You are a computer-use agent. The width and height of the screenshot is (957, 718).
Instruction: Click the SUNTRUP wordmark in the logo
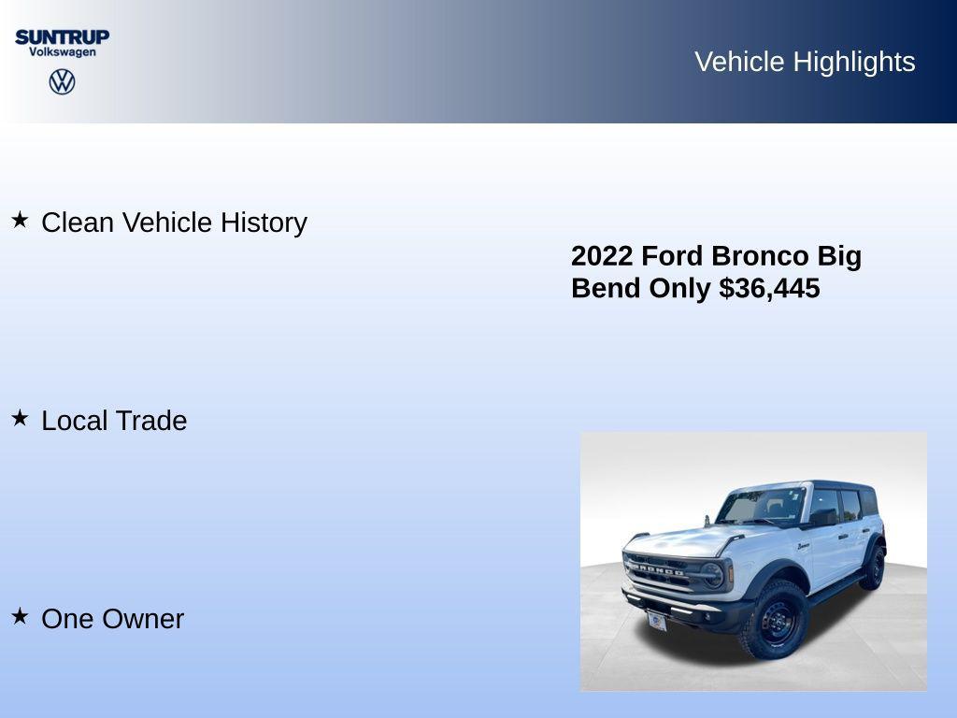tap(62, 36)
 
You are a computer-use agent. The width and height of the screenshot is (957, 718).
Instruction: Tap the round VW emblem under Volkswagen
tap(62, 81)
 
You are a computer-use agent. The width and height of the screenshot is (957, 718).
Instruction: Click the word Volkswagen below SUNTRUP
tap(62, 52)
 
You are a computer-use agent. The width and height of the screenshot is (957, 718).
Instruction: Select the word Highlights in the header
tap(853, 62)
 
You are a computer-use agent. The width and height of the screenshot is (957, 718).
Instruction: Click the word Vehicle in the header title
tap(739, 62)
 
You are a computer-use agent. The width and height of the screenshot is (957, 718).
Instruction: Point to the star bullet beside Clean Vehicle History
tap(20, 220)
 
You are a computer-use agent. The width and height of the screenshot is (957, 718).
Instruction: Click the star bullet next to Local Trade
tap(20, 418)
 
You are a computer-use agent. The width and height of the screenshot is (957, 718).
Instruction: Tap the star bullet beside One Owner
tap(20, 616)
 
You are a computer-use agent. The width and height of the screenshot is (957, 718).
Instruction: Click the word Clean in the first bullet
tap(79, 223)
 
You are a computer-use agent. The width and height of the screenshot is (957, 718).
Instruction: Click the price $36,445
tap(769, 288)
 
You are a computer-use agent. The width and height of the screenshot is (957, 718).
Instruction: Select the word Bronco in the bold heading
tap(760, 256)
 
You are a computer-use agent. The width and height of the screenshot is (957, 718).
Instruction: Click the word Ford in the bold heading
tap(672, 256)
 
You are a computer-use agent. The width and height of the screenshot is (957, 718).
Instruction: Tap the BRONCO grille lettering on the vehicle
tap(658, 569)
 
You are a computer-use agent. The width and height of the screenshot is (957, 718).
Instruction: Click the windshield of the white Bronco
tap(762, 506)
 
